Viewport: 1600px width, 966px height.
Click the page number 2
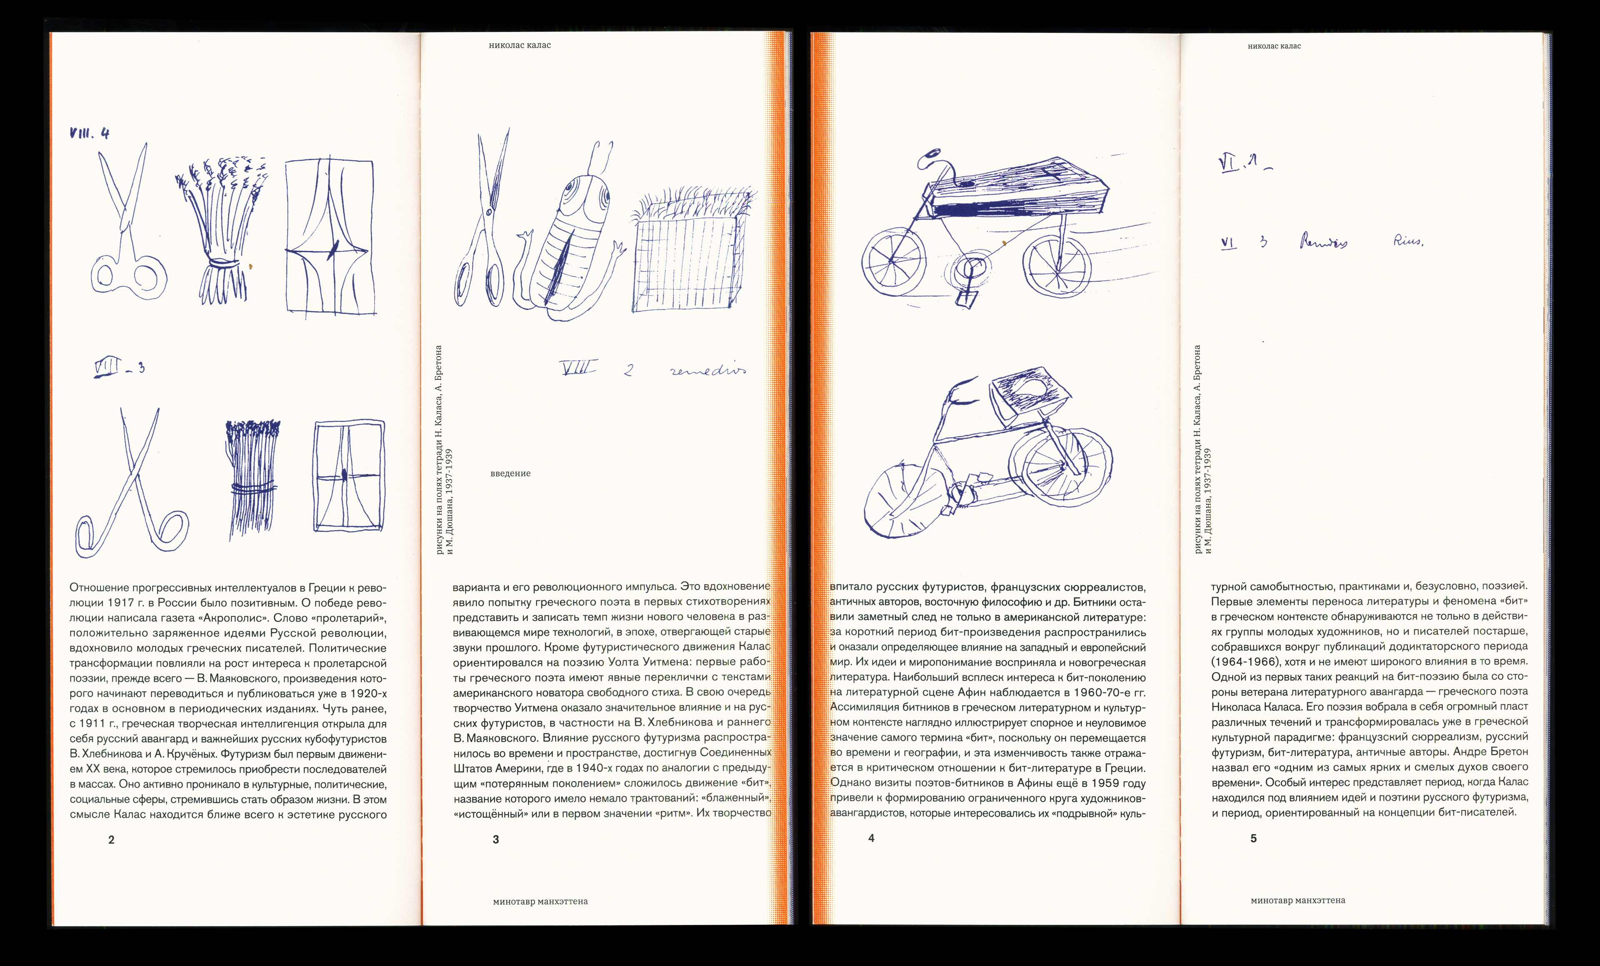point(111,840)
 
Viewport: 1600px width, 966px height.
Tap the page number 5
point(1253,839)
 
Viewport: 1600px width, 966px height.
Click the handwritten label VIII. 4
point(90,133)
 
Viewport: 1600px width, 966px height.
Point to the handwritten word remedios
point(708,370)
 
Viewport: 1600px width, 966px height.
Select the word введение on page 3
point(510,474)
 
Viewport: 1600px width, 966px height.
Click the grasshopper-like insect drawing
point(570,234)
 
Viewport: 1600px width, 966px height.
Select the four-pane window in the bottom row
point(349,476)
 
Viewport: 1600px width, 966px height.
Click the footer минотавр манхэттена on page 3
point(540,902)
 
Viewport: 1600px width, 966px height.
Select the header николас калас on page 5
point(1274,46)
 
